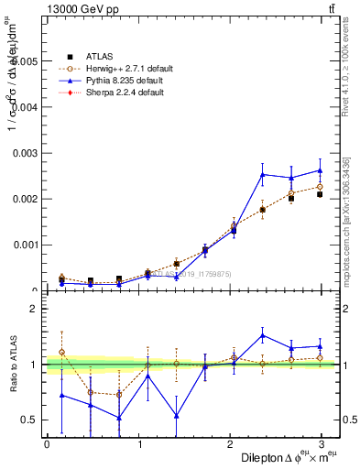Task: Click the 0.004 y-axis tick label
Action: [25, 107]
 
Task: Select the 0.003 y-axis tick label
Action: [25, 153]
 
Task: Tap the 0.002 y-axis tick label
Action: [25, 199]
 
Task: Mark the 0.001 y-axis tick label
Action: [25, 245]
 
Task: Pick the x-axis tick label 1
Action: [140, 444]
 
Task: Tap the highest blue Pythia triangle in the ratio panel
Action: [262, 335]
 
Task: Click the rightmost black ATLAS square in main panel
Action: [320, 194]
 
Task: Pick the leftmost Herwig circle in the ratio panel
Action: [61, 352]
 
